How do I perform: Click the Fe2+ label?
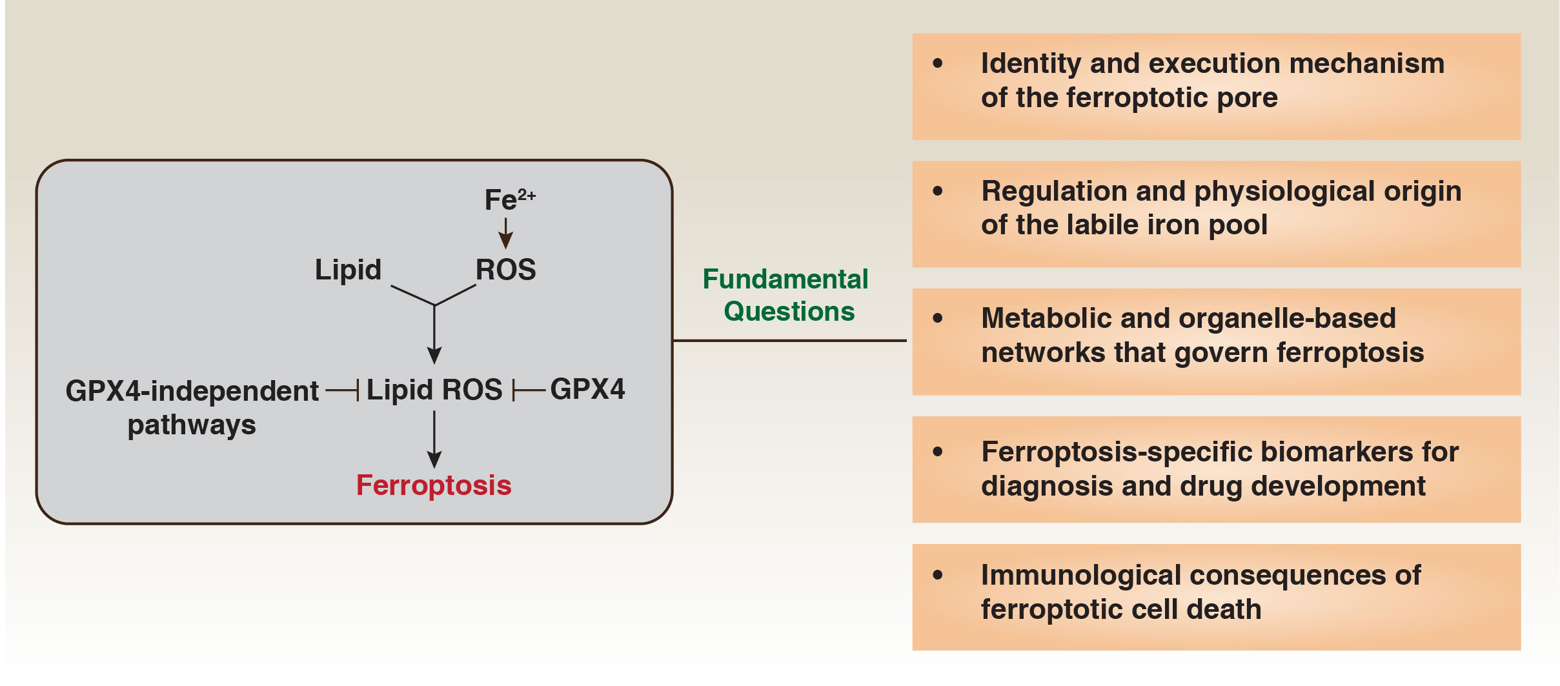click(x=509, y=199)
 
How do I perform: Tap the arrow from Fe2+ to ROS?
click(x=506, y=233)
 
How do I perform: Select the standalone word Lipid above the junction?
click(x=348, y=270)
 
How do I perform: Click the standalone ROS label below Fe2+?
click(x=505, y=270)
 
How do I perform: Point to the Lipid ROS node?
click(x=434, y=390)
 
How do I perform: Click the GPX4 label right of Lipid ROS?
click(x=587, y=389)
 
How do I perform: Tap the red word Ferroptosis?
click(x=434, y=485)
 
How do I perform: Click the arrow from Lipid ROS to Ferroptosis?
click(x=434, y=439)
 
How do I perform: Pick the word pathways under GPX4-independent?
click(x=192, y=425)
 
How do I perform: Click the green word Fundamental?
click(x=785, y=279)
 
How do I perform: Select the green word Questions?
click(x=789, y=312)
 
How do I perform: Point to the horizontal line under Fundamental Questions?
click(x=789, y=340)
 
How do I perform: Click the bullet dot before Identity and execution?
click(x=938, y=63)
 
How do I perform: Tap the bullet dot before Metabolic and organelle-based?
click(x=938, y=318)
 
